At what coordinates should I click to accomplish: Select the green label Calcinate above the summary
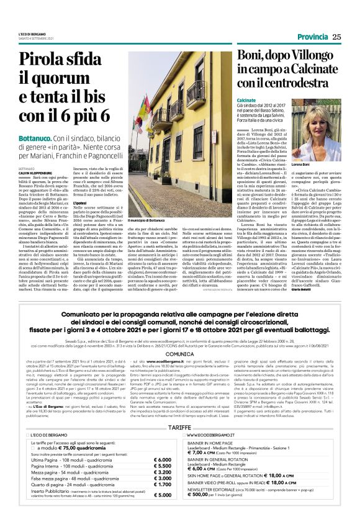pyautogui.click(x=246, y=100)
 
